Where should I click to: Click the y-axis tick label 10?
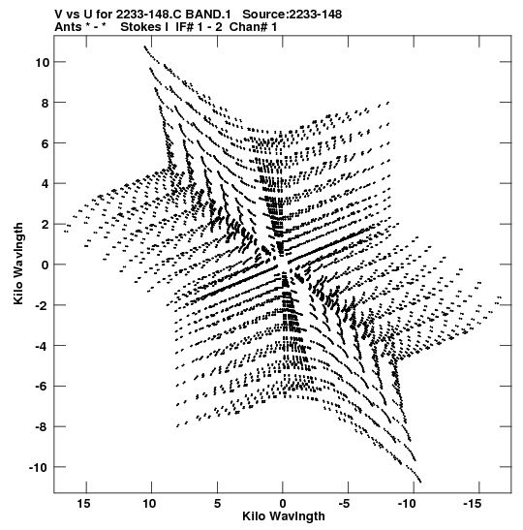(43, 62)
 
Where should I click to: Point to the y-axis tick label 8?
(46, 103)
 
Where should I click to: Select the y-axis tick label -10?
(39, 467)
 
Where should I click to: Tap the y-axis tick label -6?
(43, 387)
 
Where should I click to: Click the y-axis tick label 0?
(46, 265)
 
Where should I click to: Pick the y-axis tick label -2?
(43, 305)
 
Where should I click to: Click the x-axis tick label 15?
(84, 504)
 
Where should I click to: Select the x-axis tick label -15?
(472, 504)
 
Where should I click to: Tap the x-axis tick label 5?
(217, 504)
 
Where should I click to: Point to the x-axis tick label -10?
(407, 504)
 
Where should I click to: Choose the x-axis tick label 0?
(283, 504)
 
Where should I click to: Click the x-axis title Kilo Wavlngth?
(284, 516)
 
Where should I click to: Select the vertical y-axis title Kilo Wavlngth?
(19, 264)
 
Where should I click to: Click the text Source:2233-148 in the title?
(292, 15)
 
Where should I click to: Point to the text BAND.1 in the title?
(208, 15)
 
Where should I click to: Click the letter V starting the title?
(59, 15)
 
